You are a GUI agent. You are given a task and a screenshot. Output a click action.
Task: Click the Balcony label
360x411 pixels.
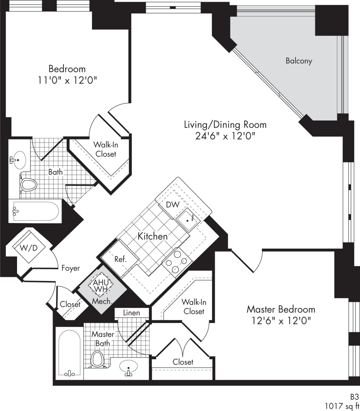(x=299, y=61)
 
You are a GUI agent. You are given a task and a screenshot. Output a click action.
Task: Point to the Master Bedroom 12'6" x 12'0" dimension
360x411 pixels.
(x=281, y=320)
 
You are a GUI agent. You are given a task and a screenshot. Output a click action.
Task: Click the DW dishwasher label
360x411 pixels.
(x=173, y=205)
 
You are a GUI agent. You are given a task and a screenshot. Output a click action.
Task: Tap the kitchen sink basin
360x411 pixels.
(x=187, y=220)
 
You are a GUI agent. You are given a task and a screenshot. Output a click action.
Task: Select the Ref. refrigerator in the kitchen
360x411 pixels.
(x=120, y=259)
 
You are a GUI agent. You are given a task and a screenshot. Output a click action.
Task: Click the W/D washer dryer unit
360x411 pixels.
(x=28, y=248)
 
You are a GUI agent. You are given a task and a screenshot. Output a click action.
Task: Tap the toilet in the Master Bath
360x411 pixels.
(x=97, y=359)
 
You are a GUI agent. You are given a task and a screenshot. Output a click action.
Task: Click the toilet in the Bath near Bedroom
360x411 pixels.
(x=28, y=185)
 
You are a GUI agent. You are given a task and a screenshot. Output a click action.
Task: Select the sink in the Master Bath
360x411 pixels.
(x=128, y=367)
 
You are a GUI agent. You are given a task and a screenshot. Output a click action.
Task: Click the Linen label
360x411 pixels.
(x=131, y=313)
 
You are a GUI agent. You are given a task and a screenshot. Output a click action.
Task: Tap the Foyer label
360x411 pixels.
(x=71, y=268)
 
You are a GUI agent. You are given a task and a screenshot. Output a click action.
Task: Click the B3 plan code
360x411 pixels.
(x=354, y=397)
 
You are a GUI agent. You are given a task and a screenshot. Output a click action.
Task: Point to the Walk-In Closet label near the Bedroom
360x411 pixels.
(x=105, y=149)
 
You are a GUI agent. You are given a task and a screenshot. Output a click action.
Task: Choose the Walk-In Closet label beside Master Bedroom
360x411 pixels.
(x=194, y=307)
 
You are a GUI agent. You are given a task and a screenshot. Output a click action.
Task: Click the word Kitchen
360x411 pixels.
(x=153, y=236)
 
